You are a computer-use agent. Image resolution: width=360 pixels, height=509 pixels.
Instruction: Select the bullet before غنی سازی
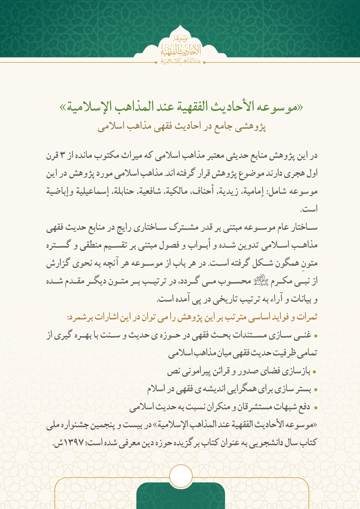[x=315, y=335]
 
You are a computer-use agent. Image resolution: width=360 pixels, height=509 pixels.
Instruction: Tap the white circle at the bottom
[x=180, y=477]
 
